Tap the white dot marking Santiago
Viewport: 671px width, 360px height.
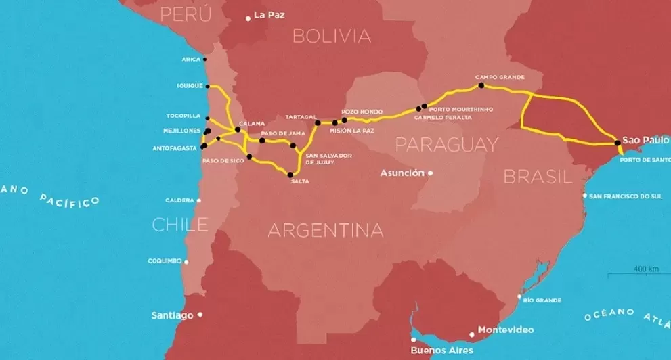200,315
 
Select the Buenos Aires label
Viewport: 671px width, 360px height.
441,351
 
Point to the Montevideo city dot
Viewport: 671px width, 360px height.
472,334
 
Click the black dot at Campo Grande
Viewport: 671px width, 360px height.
481,86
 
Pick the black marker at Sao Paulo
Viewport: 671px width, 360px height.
618,142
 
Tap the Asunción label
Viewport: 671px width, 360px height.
402,173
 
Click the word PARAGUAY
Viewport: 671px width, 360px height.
446,144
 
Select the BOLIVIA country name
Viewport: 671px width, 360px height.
332,36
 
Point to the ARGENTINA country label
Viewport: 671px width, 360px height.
325,230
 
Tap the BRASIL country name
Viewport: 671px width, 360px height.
534,177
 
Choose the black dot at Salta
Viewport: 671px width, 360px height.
290,175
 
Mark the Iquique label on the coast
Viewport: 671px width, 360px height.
190,86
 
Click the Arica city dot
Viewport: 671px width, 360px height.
204,60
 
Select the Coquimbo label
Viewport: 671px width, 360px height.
166,261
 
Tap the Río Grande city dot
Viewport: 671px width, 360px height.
519,297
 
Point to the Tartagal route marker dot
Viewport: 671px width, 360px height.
317,123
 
